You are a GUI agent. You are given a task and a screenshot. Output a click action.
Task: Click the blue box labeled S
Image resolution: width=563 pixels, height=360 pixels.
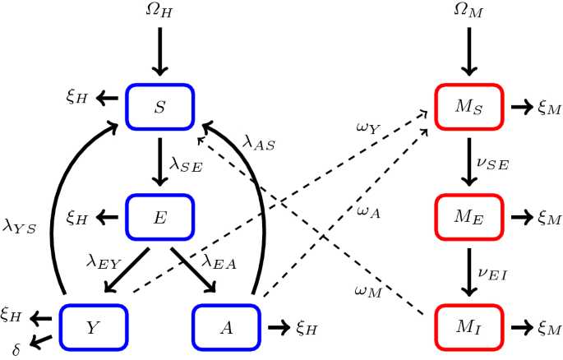159,106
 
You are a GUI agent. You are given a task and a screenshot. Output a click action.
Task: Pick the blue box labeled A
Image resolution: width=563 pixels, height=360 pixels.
226,326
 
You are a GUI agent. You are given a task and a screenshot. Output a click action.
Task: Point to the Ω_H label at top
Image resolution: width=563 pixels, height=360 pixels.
159,12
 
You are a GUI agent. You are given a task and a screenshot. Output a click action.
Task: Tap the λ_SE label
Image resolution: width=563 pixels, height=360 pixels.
186,164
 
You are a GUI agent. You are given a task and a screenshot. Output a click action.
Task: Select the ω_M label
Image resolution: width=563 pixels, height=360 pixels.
367,289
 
